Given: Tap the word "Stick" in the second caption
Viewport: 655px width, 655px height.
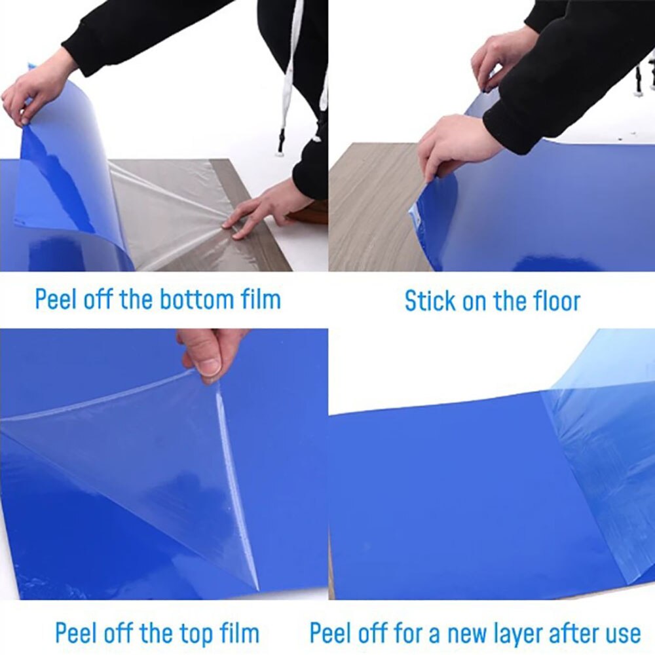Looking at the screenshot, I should (430, 301).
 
